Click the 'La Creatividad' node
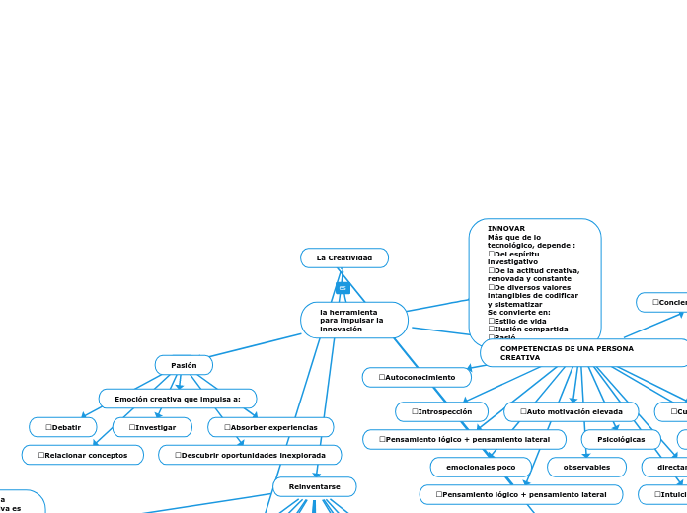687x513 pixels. [344, 257]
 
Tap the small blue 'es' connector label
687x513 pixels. [343, 288]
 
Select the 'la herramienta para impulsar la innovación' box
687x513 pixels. [353, 321]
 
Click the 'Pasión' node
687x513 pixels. [184, 365]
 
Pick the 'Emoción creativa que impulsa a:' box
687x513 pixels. [178, 399]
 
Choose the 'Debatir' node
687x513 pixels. [63, 427]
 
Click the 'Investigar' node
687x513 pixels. [152, 427]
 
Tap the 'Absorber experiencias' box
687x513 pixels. [270, 427]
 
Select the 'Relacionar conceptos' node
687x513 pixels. [83, 455]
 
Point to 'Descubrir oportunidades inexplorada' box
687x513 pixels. [250, 455]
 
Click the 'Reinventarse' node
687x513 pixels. [315, 486]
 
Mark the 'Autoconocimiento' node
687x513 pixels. [417, 377]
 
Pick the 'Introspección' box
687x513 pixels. [441, 411]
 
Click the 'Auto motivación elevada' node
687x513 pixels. [572, 411]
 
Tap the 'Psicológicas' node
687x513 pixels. [621, 439]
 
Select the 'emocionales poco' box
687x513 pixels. [481, 467]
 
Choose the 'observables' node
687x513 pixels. [586, 467]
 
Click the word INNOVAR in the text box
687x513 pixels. [506, 228]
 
